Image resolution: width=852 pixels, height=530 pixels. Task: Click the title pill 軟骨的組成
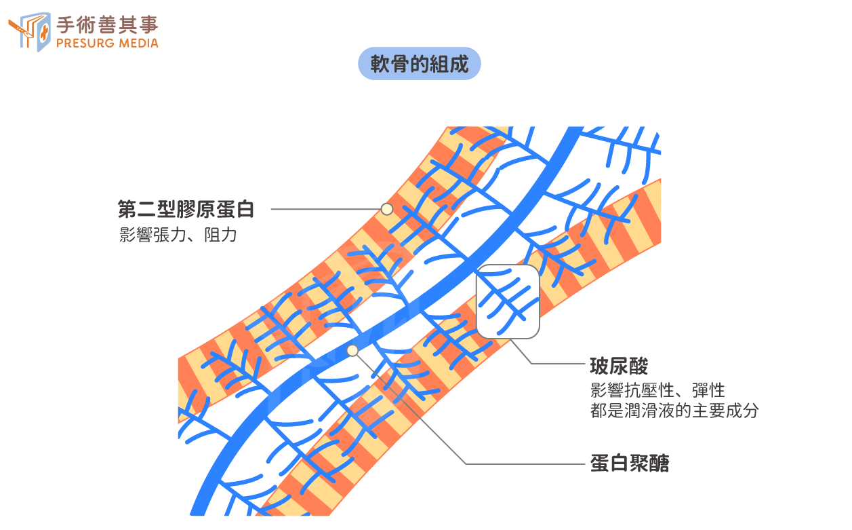[419, 64]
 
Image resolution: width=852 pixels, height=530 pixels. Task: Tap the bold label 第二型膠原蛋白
[186, 209]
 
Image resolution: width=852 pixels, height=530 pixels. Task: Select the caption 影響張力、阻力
[178, 235]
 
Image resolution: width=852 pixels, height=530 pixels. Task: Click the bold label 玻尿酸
[620, 366]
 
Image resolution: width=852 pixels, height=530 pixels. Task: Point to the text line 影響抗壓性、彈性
[657, 390]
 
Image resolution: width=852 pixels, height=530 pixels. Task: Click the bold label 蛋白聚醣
[630, 463]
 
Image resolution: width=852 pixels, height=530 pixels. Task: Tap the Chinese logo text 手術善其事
[107, 24]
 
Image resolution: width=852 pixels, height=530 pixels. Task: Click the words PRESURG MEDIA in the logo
[107, 43]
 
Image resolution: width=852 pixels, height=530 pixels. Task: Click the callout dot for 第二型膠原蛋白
[386, 209]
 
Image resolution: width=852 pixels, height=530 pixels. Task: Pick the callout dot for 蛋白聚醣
[352, 350]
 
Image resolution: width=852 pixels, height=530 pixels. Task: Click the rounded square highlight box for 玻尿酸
[508, 301]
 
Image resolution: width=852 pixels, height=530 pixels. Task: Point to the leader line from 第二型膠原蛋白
[325, 209]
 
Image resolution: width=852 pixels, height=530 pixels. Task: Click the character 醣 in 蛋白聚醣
[660, 463]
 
